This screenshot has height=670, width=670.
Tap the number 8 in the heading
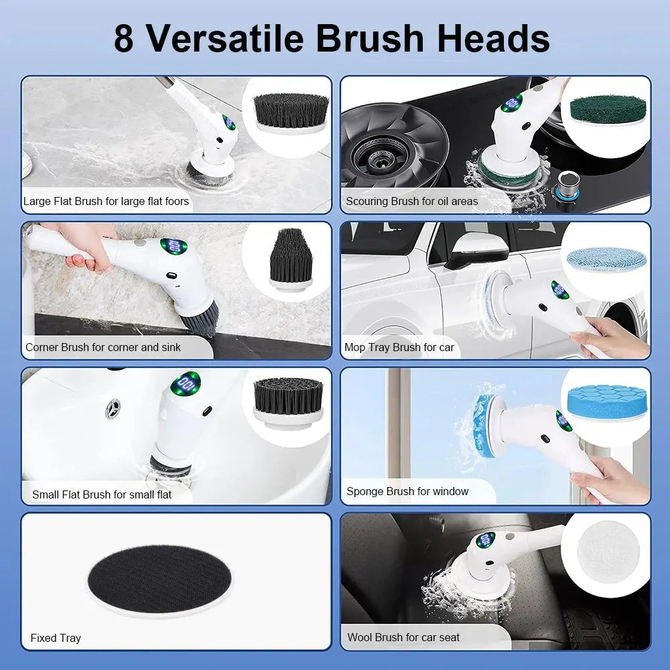[124, 38]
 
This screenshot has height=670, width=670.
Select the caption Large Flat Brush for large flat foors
[106, 201]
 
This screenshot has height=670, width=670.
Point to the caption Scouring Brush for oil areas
[411, 201]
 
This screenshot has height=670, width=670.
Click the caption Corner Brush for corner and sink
[103, 347]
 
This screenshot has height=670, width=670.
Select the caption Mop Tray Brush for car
[399, 347]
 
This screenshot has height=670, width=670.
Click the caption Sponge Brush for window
[407, 491]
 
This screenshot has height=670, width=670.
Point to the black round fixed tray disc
[159, 576]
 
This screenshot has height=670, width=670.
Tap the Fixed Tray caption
[55, 638]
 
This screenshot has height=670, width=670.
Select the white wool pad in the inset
[607, 551]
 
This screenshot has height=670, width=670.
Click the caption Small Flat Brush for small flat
[101, 494]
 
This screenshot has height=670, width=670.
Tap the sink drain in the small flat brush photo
[113, 407]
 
